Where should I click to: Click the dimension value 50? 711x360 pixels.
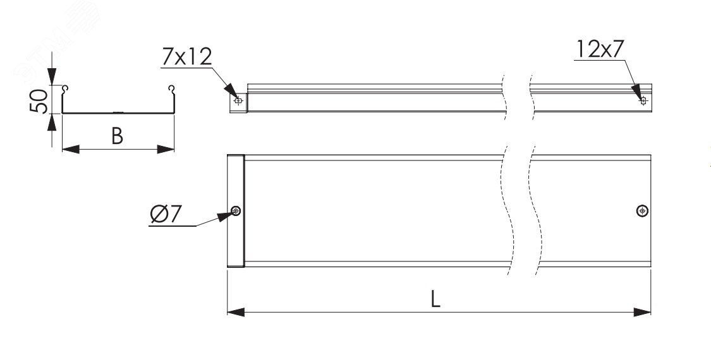pos(39,100)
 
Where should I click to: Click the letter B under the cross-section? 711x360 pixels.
pos(118,136)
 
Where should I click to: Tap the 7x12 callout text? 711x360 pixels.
pos(187,57)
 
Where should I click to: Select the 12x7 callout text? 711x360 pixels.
pos(601,49)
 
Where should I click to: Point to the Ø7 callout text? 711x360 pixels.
pos(166,214)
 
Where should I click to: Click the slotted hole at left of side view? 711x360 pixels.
pos(238,100)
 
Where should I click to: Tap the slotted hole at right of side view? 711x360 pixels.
pos(643,100)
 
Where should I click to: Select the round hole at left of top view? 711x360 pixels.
pos(236,210)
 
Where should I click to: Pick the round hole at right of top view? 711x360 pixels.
pos(642,210)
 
